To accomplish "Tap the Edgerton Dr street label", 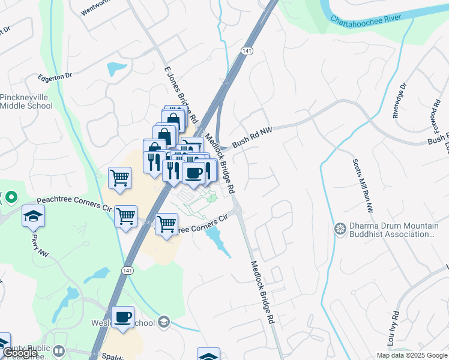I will click(x=55, y=76).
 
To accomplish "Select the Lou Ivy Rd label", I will click(x=395, y=329).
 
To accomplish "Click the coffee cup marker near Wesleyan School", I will click(x=123, y=317).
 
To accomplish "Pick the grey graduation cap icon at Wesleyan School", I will click(x=164, y=323).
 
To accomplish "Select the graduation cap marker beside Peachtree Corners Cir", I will click(x=34, y=216).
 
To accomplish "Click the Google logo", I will click(x=20, y=353).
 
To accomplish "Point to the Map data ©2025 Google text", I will click(x=412, y=355).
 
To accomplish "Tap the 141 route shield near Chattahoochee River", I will click(x=247, y=52).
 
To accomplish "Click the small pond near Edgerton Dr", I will click(x=117, y=68).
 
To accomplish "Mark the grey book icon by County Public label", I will click(x=58, y=350).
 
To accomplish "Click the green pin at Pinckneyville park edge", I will click(x=10, y=197).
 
